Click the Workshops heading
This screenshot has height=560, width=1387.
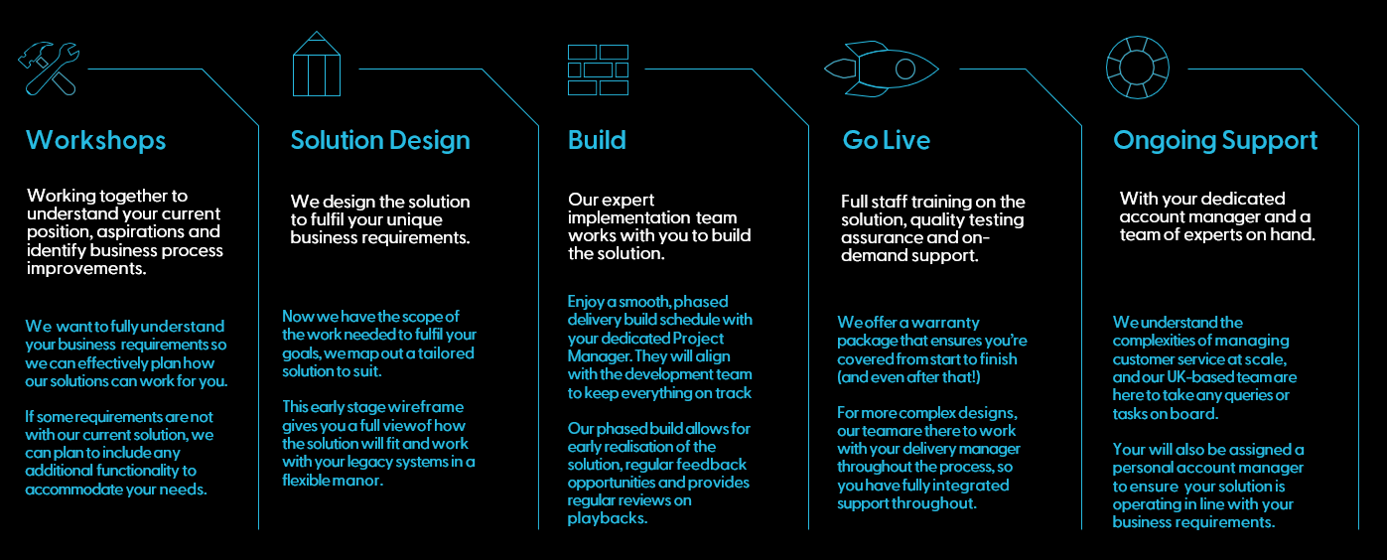(95, 140)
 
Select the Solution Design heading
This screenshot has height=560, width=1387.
(380, 141)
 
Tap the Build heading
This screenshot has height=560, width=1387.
(597, 140)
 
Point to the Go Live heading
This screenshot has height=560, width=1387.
(887, 140)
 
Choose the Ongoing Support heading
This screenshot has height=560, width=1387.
(1215, 141)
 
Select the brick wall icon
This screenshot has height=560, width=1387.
(598, 70)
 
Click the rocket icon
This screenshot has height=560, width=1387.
(882, 69)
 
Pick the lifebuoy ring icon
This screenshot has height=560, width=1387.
(1137, 68)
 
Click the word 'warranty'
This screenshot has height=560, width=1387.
(946, 323)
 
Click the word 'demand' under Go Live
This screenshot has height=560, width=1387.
(871, 255)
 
